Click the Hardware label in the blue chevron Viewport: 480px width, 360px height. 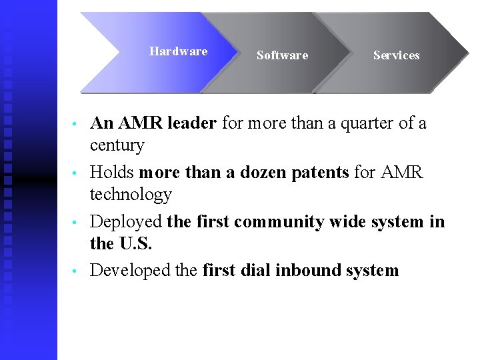click(x=178, y=51)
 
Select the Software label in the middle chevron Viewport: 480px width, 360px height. click(x=282, y=55)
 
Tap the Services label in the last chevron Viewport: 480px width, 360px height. click(x=396, y=55)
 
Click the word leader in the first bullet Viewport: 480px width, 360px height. click(x=192, y=123)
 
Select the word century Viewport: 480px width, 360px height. click(x=117, y=145)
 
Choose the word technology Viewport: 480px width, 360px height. click(x=131, y=195)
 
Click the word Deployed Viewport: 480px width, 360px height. click(x=126, y=222)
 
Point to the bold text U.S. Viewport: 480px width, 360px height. click(x=135, y=244)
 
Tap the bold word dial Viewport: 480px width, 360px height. click(x=255, y=270)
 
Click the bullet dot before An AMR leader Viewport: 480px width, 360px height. click(x=77, y=125)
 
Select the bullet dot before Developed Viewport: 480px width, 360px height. click(x=77, y=271)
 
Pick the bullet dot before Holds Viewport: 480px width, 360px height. click(x=77, y=173)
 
